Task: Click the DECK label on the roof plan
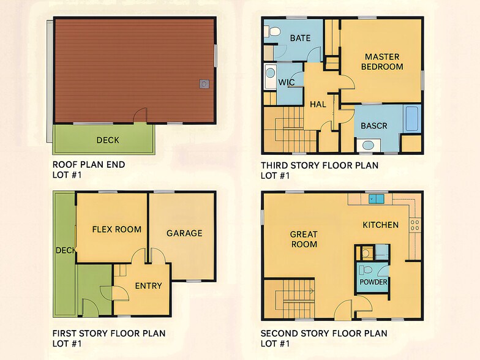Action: click(x=108, y=140)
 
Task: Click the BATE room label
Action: click(x=300, y=38)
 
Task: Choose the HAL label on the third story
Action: click(x=318, y=104)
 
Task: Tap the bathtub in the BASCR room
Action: click(x=411, y=119)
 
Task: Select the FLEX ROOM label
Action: click(x=116, y=230)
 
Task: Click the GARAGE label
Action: click(x=184, y=233)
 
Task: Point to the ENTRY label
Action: click(x=148, y=285)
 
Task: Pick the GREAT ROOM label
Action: click(x=304, y=239)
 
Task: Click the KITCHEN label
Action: click(x=380, y=225)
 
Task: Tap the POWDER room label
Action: click(x=373, y=282)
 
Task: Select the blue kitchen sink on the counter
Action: click(x=376, y=198)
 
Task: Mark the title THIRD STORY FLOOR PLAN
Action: click(x=320, y=165)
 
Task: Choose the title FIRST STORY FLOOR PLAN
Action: click(x=109, y=334)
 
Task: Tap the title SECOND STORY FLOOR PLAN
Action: click(x=324, y=334)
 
